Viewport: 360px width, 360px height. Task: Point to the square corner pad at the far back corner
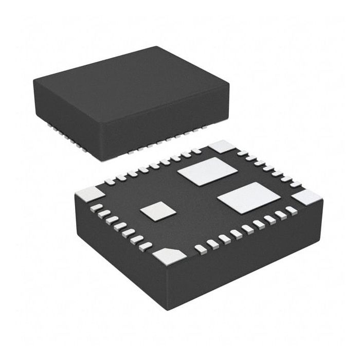[221, 147]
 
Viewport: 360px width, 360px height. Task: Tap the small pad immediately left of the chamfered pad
[147, 245]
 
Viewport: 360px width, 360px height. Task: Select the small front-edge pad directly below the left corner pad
[96, 207]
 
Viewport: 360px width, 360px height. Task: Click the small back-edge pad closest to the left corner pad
[110, 182]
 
